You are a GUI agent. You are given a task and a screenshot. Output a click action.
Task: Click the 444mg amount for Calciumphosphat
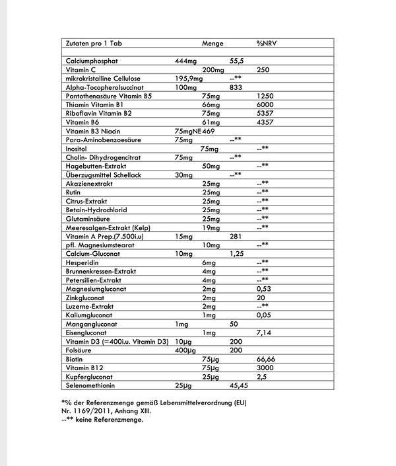click(185, 61)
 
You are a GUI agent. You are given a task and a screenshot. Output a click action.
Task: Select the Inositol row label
click(79, 149)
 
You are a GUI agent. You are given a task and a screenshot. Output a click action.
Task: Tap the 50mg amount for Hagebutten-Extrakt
click(211, 166)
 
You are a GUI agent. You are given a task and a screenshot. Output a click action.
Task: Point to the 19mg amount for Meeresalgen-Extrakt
click(211, 227)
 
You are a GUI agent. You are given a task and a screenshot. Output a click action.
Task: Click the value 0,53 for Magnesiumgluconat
click(264, 289)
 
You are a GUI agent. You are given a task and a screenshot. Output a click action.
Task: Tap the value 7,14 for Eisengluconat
click(264, 332)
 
